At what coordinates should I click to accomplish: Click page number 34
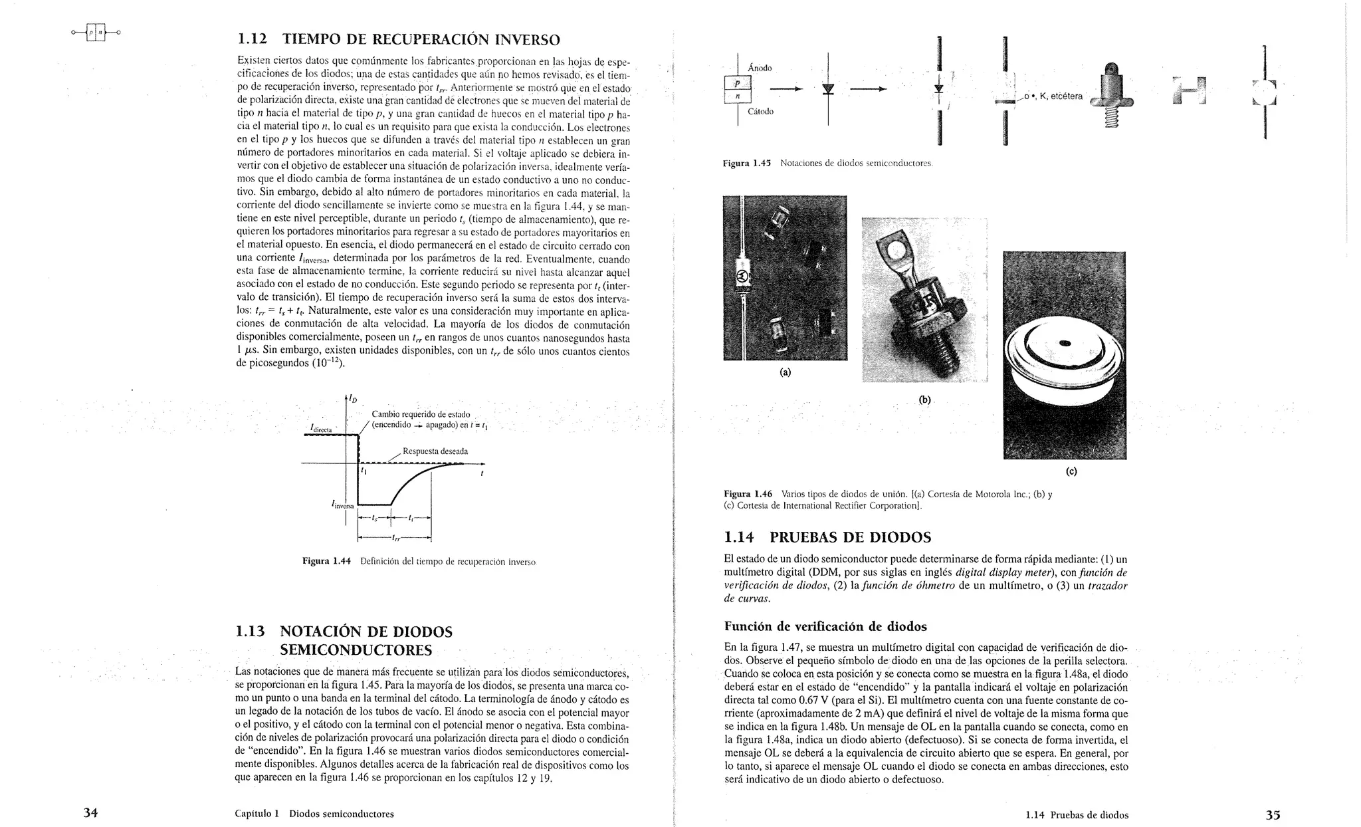[90, 812]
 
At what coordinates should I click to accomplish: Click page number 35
[1273, 814]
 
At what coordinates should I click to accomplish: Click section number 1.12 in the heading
[252, 39]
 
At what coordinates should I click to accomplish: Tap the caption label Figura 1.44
[326, 562]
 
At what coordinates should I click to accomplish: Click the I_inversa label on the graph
[343, 505]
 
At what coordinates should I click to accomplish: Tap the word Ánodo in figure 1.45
[760, 68]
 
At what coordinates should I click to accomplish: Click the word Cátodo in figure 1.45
[760, 111]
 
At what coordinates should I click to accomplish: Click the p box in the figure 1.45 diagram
[737, 83]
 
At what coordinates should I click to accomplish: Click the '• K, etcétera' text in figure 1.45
[1056, 96]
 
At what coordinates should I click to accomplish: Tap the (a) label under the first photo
[785, 372]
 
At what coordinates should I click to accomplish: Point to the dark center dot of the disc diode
[1065, 344]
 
